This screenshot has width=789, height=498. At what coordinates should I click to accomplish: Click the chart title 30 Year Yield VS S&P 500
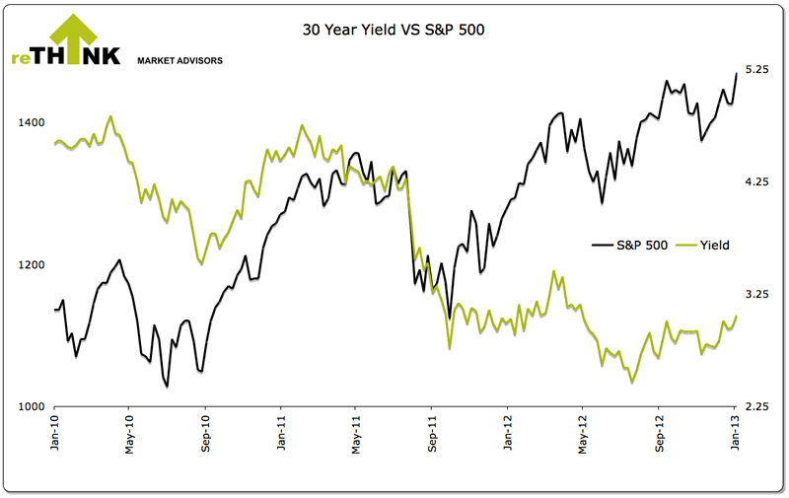click(394, 31)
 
